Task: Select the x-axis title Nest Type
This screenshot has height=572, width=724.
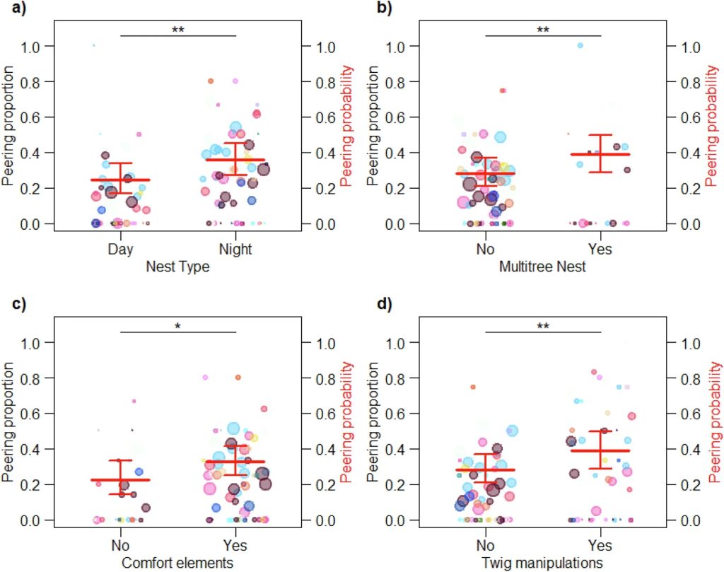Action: (177, 267)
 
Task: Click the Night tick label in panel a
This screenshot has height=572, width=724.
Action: (235, 250)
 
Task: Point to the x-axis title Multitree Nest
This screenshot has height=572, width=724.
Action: (542, 267)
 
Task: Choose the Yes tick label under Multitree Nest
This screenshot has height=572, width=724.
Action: (600, 250)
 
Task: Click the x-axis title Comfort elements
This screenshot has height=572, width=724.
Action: (177, 564)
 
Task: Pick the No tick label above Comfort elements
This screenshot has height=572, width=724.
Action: (120, 546)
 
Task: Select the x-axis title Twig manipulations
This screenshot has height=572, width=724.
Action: (542, 564)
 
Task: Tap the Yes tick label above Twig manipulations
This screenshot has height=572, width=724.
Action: (600, 546)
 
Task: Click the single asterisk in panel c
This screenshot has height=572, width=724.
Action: (177, 326)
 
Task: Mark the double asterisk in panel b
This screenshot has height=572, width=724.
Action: (542, 30)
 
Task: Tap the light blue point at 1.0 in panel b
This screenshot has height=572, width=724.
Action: (580, 45)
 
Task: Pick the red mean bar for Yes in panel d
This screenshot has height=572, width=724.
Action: (600, 450)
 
